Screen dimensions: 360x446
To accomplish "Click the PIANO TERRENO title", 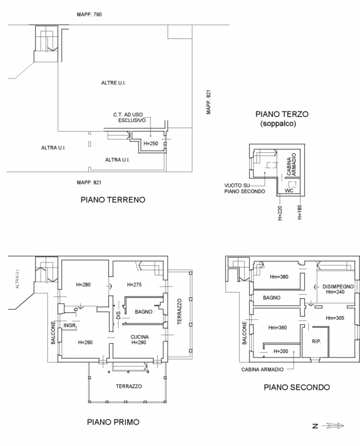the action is click(x=113, y=200).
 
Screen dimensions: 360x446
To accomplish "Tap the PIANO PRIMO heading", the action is click(x=113, y=422).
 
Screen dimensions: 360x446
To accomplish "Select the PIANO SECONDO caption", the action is click(x=297, y=387).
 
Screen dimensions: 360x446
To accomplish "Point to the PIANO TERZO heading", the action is click(x=282, y=114).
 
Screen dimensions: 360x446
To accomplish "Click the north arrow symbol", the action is click(x=328, y=426).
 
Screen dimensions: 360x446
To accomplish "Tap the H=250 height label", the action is click(x=150, y=144).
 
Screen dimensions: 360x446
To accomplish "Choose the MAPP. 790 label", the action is click(x=89, y=14).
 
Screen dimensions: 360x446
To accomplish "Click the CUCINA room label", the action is click(x=140, y=337).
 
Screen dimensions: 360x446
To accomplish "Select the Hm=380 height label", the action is click(x=279, y=277).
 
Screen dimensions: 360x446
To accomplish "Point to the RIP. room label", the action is click(x=317, y=341).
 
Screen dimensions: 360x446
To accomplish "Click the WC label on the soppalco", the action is click(x=289, y=191).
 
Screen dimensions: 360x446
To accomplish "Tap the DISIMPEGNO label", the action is click(x=338, y=287).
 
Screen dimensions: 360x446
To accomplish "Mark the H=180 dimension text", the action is click(x=299, y=212).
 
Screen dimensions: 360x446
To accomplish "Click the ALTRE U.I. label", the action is click(x=114, y=83).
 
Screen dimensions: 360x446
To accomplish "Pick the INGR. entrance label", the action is click(x=70, y=326).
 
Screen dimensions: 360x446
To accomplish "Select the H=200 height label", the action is click(x=281, y=351).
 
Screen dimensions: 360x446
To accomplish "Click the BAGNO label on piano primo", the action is click(x=144, y=312).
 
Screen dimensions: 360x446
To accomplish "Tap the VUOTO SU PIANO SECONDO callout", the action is click(x=245, y=188).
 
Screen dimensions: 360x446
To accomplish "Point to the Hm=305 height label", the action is click(x=335, y=318).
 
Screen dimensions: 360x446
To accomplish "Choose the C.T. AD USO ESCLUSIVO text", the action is click(x=129, y=118).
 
